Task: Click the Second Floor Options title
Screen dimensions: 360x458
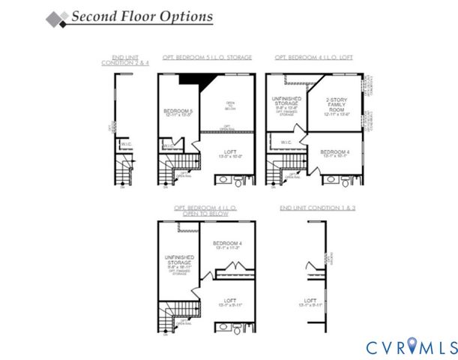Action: coord(142,16)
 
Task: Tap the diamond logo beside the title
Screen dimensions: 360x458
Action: coord(56,18)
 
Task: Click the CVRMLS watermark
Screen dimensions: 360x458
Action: coord(411,346)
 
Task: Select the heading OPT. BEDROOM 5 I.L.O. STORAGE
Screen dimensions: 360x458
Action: coord(207,57)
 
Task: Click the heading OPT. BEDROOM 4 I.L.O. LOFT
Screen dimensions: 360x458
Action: coord(313,57)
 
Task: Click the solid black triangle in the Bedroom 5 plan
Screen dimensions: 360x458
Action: coord(195,80)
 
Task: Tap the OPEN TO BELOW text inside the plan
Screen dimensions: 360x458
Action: coord(229,106)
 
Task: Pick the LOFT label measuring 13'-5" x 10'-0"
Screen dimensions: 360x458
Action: coord(230,154)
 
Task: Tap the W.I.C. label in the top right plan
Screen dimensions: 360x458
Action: coord(286,142)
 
